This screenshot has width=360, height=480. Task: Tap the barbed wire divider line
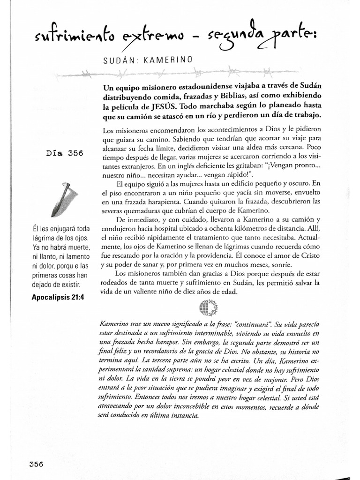187,73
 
